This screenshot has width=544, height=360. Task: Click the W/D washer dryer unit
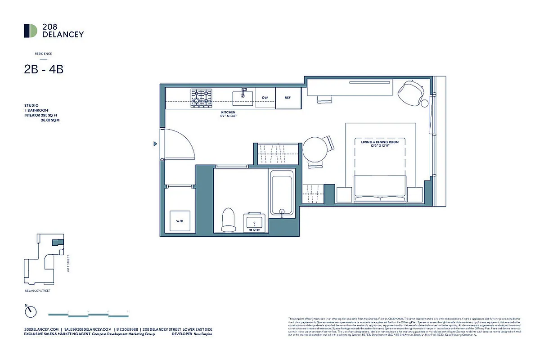180,221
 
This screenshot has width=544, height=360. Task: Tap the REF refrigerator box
288,98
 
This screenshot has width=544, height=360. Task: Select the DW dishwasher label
265,98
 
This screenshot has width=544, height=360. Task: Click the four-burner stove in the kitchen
201,98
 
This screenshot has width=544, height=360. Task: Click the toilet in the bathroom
229,219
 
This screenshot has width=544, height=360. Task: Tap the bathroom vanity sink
256,222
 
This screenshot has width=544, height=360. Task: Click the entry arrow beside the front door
155,144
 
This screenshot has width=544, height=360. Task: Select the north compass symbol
31,310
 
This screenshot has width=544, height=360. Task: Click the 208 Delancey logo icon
31,31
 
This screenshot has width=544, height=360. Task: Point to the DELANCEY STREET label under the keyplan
38,291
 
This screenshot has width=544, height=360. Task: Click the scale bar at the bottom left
88,314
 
